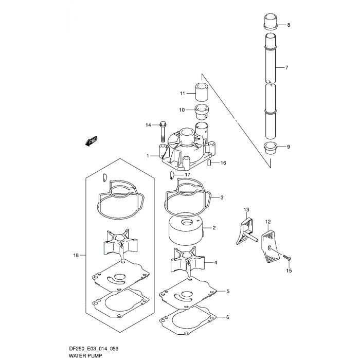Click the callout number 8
288,25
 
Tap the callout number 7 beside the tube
286,68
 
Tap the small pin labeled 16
210,163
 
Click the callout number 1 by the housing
148,155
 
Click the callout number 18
76,255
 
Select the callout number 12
268,222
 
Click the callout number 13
246,210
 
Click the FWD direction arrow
91,141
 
